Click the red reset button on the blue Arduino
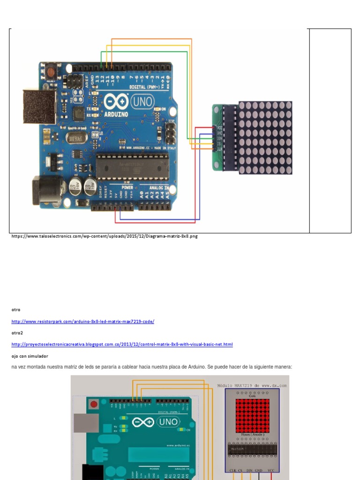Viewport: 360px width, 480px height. coord(50,73)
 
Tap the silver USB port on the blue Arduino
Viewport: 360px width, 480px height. coord(39,106)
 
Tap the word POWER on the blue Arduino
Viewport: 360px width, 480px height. coord(127,187)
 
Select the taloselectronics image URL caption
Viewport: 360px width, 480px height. coord(105,237)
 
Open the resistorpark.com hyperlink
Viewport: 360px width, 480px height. coord(82,322)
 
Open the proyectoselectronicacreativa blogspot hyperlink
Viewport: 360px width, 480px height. coord(122,345)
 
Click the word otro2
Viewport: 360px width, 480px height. coord(17,333)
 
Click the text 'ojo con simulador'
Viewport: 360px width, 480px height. coord(30,356)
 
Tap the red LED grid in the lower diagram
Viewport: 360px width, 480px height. coord(252,415)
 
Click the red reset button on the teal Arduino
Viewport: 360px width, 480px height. coord(94,404)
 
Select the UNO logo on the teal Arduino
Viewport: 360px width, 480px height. coord(167,422)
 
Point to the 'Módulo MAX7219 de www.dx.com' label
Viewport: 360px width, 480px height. coord(252,386)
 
